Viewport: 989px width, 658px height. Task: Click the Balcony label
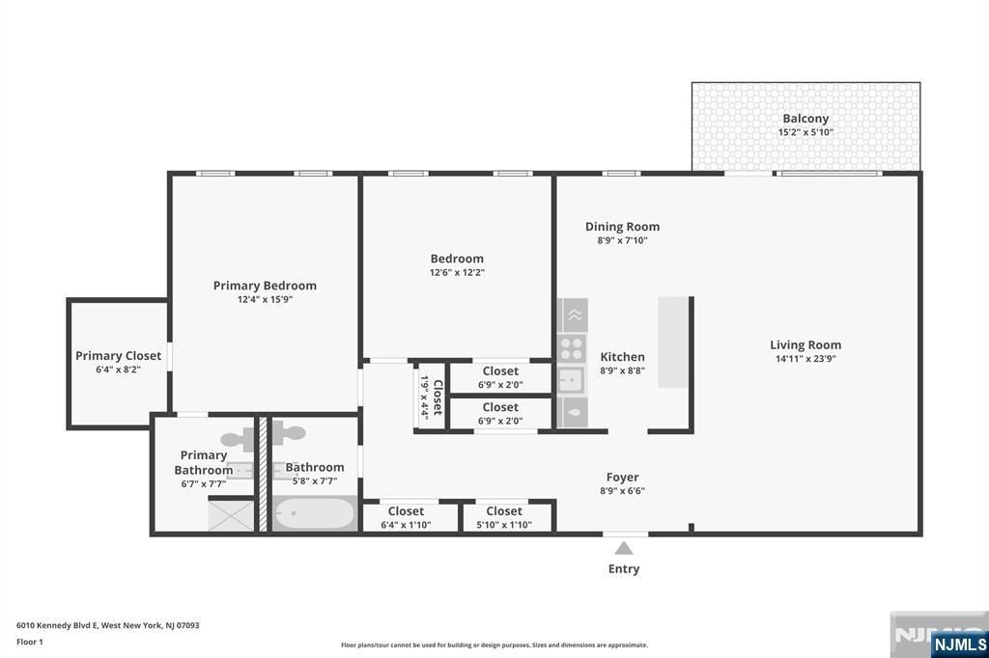pyautogui.click(x=805, y=119)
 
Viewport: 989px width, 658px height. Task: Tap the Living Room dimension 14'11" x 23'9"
pyautogui.click(x=805, y=359)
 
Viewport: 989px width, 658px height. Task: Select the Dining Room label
pyautogui.click(x=622, y=227)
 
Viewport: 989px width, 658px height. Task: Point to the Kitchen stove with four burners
pyautogui.click(x=571, y=348)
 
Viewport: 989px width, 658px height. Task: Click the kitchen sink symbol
pyautogui.click(x=571, y=379)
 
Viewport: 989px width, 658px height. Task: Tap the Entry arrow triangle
pyautogui.click(x=624, y=548)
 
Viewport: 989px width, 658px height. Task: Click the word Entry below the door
pyautogui.click(x=624, y=569)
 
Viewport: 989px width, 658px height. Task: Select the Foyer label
pyautogui.click(x=622, y=477)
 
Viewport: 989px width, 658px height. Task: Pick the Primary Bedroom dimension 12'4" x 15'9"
pyautogui.click(x=265, y=299)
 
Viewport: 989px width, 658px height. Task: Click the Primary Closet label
pyautogui.click(x=118, y=356)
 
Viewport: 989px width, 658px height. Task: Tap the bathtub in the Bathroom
pyautogui.click(x=313, y=513)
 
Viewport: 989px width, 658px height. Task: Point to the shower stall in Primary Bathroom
pyautogui.click(x=232, y=514)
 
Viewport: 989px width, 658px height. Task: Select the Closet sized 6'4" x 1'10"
pyautogui.click(x=406, y=518)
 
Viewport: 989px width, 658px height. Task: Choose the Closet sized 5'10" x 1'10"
pyautogui.click(x=504, y=518)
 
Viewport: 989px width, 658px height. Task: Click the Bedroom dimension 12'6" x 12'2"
pyautogui.click(x=457, y=272)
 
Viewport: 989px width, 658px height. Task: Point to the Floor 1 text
pyautogui.click(x=30, y=642)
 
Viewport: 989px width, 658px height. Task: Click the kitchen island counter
pyautogui.click(x=673, y=342)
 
